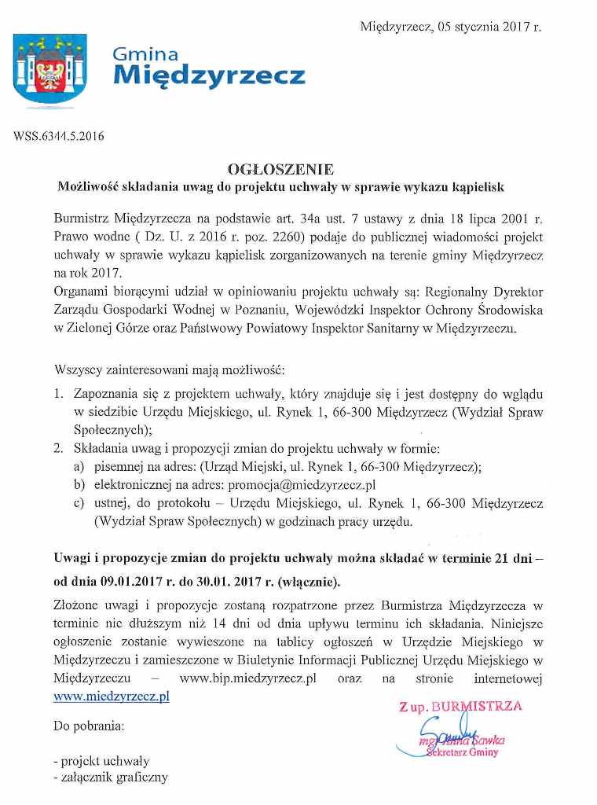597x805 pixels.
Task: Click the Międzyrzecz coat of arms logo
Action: coord(49,71)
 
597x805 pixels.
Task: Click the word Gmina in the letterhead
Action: coord(145,54)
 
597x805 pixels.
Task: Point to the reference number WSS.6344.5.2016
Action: coord(59,135)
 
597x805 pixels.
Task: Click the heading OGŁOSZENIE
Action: coord(280,168)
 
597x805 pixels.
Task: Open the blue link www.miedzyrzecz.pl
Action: coord(111,696)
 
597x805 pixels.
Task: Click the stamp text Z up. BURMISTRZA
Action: coord(460,707)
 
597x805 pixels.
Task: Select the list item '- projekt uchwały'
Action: coord(101,761)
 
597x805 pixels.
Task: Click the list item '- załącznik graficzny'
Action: coord(110,778)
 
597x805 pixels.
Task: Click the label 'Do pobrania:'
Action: coord(88,726)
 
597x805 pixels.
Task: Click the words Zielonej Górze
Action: coord(97,329)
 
